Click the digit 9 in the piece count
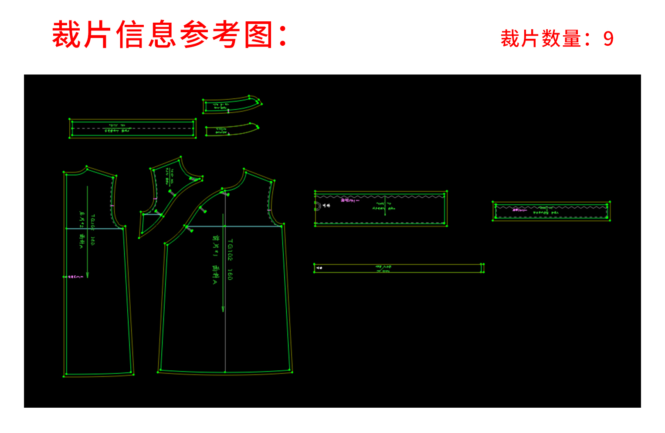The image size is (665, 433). (x=608, y=39)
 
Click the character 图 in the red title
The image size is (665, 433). (x=258, y=35)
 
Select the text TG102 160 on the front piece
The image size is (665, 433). (x=230, y=260)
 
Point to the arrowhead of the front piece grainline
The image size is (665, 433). (x=223, y=309)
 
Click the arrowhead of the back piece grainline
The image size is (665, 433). (x=88, y=275)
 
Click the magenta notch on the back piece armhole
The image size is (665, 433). (x=112, y=205)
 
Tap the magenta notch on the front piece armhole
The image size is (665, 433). (x=269, y=210)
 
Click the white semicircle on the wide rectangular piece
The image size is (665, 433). (x=317, y=206)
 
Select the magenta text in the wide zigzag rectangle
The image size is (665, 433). (x=349, y=200)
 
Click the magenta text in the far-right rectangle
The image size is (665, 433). (x=519, y=210)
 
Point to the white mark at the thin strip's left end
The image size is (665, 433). (x=319, y=268)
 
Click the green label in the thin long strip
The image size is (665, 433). (x=383, y=269)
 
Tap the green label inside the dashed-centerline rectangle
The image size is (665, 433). (x=118, y=128)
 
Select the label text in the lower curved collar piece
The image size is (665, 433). (x=221, y=130)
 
